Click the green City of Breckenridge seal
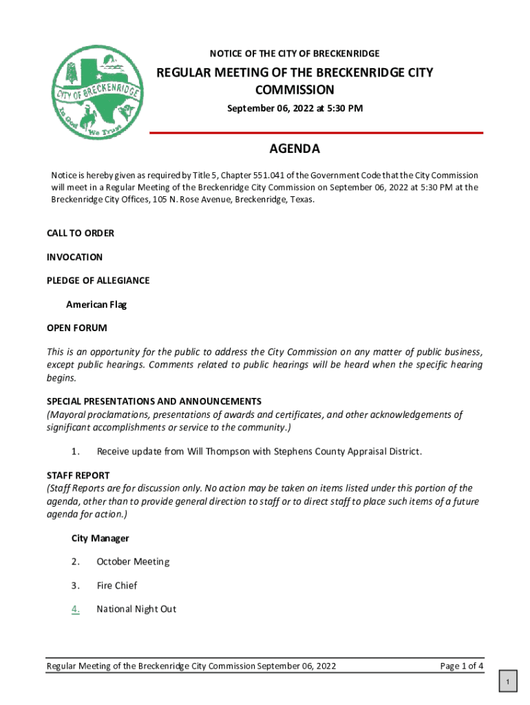pyautogui.click(x=97, y=91)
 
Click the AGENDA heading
pyautogui.click(x=294, y=149)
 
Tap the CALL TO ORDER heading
pyautogui.click(x=81, y=233)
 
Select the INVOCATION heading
pyautogui.click(x=74, y=257)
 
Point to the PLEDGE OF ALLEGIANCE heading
pyautogui.click(x=98, y=280)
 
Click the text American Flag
pyautogui.click(x=96, y=304)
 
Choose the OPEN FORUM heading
pyautogui.click(x=76, y=328)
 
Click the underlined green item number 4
pyautogui.click(x=76, y=609)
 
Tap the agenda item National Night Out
pyautogui.click(x=136, y=609)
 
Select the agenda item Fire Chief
pyautogui.click(x=116, y=585)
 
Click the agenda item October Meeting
pyautogui.click(x=133, y=562)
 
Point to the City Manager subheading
pyautogui.click(x=100, y=538)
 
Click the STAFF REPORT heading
pyautogui.click(x=78, y=476)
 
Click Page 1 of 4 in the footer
pyautogui.click(x=461, y=666)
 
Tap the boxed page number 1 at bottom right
pyautogui.click(x=507, y=682)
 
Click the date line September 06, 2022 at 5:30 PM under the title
pyautogui.click(x=295, y=109)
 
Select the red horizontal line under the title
pyautogui.click(x=316, y=132)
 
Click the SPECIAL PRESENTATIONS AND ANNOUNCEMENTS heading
pyautogui.click(x=153, y=401)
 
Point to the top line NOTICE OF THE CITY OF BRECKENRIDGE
pyautogui.click(x=294, y=54)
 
